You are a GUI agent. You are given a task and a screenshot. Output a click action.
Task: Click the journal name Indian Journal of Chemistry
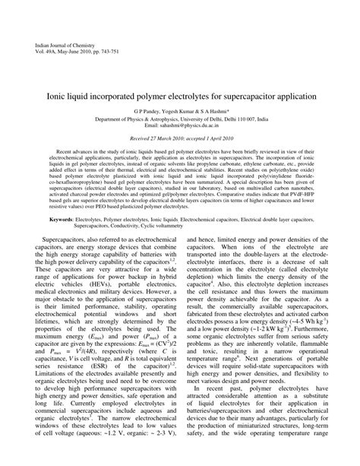(63, 46)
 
